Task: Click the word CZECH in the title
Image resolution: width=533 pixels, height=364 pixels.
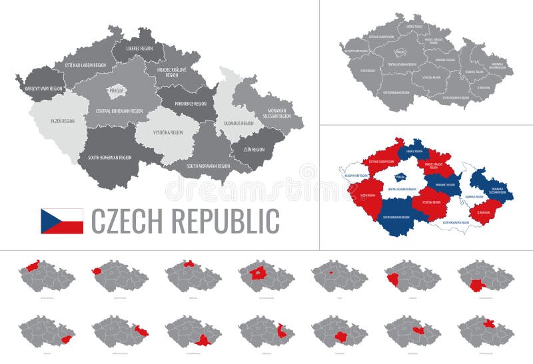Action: coord(127,221)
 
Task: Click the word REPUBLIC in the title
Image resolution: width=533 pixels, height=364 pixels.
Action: coord(226,221)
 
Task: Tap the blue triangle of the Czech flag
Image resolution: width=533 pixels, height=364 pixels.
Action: coord(47,221)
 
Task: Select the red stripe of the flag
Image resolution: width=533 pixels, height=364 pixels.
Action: coord(67,228)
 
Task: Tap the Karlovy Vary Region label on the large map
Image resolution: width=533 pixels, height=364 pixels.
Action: coord(43,88)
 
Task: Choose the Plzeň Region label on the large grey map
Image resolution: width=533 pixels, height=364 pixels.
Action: coord(62,121)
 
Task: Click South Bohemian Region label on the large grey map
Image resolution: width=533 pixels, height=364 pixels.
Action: coord(109,158)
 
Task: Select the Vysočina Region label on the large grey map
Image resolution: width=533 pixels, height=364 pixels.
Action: coord(168,132)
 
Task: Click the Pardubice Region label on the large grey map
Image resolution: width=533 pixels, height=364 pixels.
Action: coord(191,104)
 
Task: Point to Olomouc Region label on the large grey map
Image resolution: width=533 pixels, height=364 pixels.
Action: coord(238,123)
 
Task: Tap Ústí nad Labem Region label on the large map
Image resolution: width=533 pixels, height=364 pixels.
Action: coord(85,65)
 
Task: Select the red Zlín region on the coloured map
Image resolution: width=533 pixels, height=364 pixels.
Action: coord(484,212)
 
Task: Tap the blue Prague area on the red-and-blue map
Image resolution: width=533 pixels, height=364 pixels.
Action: coord(400,176)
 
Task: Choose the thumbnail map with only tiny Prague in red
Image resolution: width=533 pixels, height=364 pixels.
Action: coord(331,272)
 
